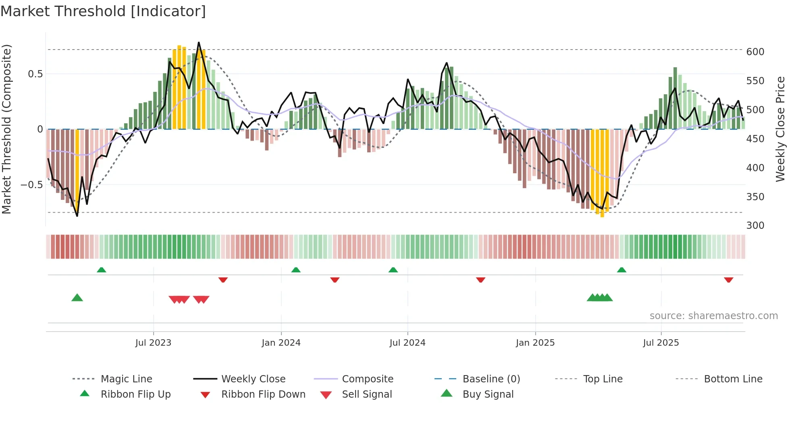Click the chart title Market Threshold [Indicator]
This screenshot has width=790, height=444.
pyautogui.click(x=103, y=11)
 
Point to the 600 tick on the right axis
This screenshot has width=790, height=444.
pyautogui.click(x=755, y=52)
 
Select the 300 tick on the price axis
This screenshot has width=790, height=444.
pyautogui.click(x=755, y=226)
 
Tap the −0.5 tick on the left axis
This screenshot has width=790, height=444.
pyautogui.click(x=31, y=185)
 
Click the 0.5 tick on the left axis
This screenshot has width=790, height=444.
pyautogui.click(x=35, y=74)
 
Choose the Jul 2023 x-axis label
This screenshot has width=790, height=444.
pyautogui.click(x=153, y=343)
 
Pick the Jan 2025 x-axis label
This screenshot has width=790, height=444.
pyautogui.click(x=535, y=343)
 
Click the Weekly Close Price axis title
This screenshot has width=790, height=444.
pyautogui.click(x=780, y=129)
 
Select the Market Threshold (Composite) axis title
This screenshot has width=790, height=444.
pyautogui.click(x=6, y=129)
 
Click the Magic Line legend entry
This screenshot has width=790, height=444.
pyautogui.click(x=126, y=379)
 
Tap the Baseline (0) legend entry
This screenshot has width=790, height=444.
pyautogui.click(x=491, y=379)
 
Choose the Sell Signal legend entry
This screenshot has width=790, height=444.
pyautogui.click(x=366, y=394)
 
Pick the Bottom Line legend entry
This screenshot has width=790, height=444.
pyautogui.click(x=733, y=379)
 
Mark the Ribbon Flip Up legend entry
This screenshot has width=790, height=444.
pyautogui.click(x=135, y=394)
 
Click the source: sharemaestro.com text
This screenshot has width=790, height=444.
pyautogui.click(x=713, y=316)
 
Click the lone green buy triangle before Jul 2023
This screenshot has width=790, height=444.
pyautogui.click(x=77, y=298)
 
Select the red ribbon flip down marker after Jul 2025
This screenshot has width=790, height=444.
pyautogui.click(x=728, y=280)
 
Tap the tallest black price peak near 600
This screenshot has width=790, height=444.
pyautogui.click(x=199, y=43)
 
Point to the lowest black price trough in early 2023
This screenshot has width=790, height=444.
pyautogui.click(x=77, y=216)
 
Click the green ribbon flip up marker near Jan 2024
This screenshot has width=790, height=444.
pyautogui.click(x=296, y=270)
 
